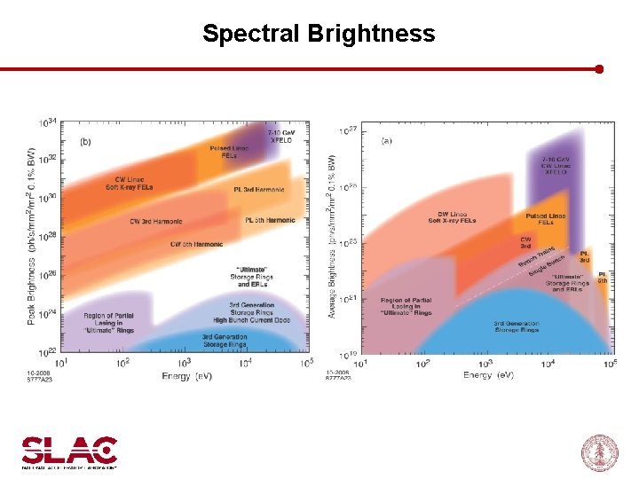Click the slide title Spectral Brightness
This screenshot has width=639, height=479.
pos(319,34)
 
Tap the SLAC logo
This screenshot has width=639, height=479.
pos(69,452)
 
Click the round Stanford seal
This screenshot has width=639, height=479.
pos(598,453)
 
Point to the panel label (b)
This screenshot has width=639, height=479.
pos(85,141)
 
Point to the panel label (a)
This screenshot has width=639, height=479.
pos(387,140)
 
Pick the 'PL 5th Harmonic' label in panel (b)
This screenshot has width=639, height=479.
pos(270,220)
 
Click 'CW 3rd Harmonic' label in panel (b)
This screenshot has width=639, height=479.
pos(155,222)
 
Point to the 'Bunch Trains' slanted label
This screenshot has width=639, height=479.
pos(536,255)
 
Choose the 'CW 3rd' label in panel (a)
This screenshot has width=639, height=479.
pos(525,241)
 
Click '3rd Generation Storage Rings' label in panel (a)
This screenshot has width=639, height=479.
pos(516,326)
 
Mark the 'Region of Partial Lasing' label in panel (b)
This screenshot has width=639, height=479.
pos(109,321)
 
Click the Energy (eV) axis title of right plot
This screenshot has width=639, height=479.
pos(488,376)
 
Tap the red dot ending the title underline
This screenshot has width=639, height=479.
pos(599,68)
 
